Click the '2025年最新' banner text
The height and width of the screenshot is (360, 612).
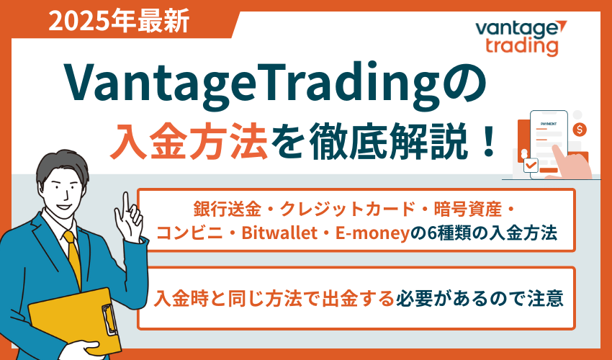(x=120, y=22)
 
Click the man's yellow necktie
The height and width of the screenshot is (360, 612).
(x=72, y=259)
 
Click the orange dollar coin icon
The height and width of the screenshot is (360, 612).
(x=580, y=130)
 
